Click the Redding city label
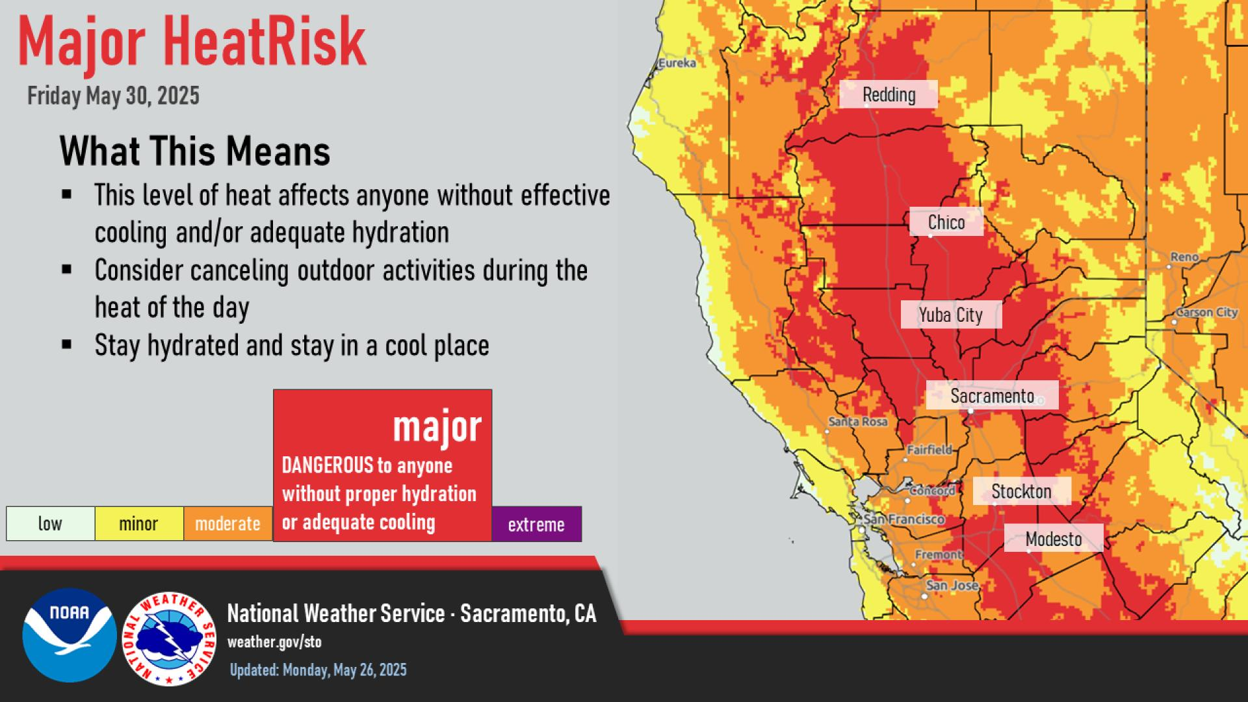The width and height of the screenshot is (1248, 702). [x=889, y=94]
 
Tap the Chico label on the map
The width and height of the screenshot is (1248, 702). [x=946, y=222]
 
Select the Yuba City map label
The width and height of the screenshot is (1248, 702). [x=951, y=315]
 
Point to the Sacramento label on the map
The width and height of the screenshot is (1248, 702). [x=992, y=395]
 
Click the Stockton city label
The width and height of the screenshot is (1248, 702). [x=1021, y=491]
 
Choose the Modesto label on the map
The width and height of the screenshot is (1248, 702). [x=1053, y=538]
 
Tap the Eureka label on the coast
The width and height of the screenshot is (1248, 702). [x=677, y=63]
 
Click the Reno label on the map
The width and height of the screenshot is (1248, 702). [x=1184, y=257]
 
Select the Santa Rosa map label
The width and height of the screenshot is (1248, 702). [x=858, y=422]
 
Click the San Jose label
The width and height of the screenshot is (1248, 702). [x=952, y=585]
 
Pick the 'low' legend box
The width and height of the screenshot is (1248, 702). [x=50, y=524]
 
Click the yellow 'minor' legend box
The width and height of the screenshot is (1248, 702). [x=139, y=524]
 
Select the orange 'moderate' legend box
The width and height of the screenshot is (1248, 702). [x=228, y=524]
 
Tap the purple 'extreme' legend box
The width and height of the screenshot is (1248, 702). [x=536, y=524]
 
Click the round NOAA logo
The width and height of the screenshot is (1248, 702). [x=70, y=635]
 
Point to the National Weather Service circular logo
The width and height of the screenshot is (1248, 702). [x=170, y=638]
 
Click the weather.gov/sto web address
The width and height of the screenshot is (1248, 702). [x=274, y=642]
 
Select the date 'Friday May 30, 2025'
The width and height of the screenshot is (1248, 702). [x=113, y=96]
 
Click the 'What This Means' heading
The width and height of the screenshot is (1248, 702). [x=195, y=151]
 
